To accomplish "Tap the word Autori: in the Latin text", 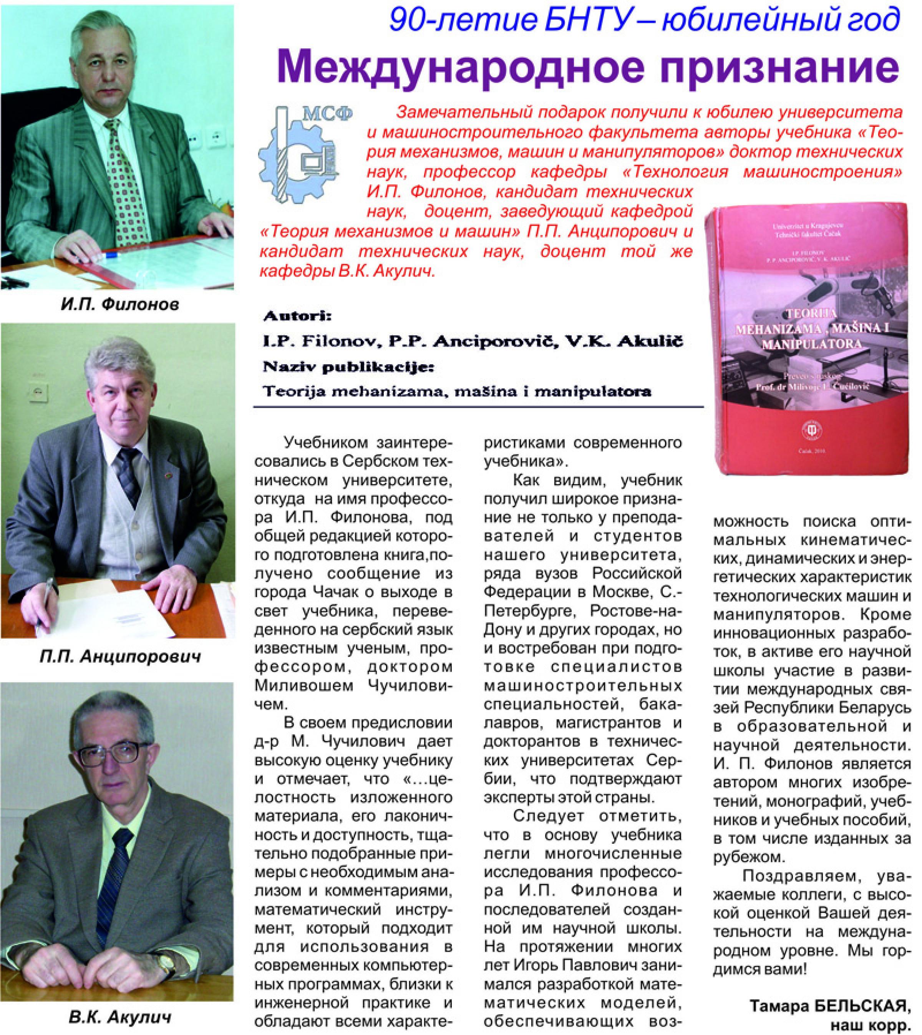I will pos(296,317).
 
